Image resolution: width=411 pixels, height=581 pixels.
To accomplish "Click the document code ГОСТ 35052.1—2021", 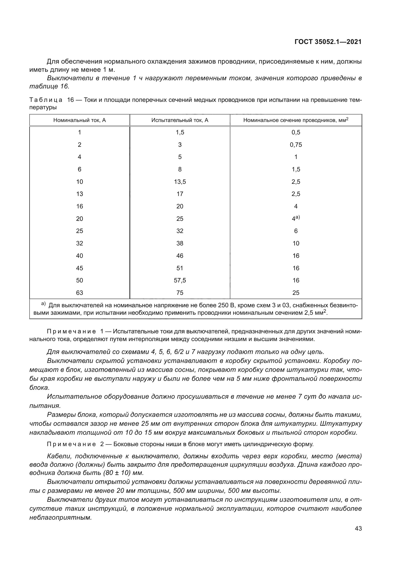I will click(x=328, y=42).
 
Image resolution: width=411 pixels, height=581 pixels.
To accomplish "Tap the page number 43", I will click(x=358, y=528).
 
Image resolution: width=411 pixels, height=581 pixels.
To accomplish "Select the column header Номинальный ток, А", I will click(x=80, y=120).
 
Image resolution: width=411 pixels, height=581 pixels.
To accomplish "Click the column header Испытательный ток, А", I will click(x=180, y=120).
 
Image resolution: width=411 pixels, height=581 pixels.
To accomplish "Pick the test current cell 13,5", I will click(x=180, y=182).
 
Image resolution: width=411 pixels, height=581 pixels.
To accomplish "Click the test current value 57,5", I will click(x=180, y=280).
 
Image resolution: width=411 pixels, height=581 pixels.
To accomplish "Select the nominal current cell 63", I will click(x=80, y=293).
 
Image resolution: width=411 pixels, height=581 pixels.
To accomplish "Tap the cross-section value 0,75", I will click(x=296, y=145).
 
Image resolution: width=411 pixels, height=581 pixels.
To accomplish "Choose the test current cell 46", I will click(x=180, y=256).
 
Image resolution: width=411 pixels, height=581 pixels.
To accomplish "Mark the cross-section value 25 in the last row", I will click(x=296, y=293).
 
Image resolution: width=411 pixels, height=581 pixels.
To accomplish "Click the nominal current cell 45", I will click(x=80, y=268).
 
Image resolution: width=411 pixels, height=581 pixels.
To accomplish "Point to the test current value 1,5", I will click(x=180, y=132).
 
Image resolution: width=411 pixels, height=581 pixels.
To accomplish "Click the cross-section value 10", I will click(x=296, y=243).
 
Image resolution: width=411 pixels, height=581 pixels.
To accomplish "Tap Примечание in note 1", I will click(x=71, y=332).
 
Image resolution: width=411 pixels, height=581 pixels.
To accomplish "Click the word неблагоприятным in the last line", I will click(x=60, y=517).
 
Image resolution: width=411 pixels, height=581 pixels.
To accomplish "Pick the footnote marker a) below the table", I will click(x=43, y=304).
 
